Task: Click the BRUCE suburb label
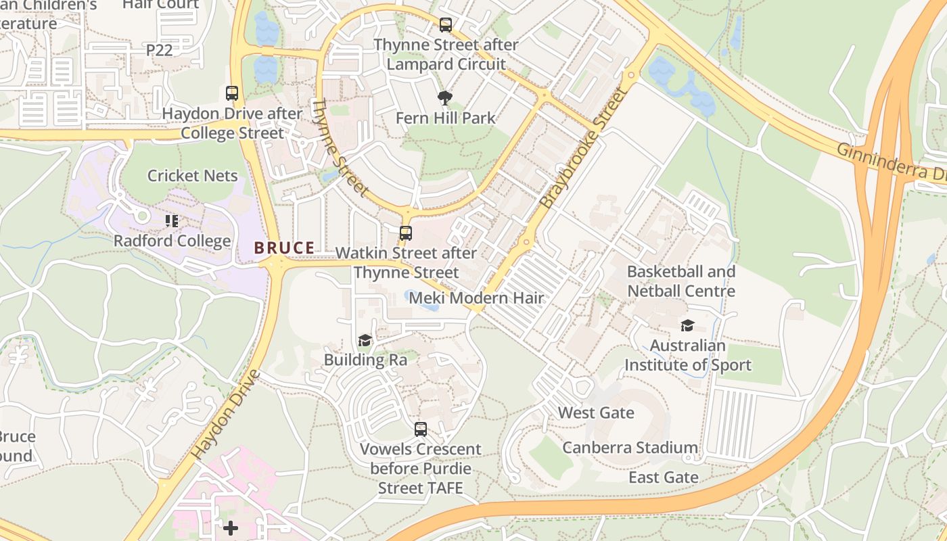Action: coord(284,248)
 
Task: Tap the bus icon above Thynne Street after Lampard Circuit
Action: coord(445,25)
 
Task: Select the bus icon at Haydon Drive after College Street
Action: coord(232,93)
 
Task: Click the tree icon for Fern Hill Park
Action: coord(445,99)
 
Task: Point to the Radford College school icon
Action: coord(172,220)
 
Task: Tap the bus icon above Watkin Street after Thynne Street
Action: coord(405,233)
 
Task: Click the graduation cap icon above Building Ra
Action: coord(365,340)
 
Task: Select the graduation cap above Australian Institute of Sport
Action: coord(687,326)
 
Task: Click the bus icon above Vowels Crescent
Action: coord(420,429)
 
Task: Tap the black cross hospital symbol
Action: coord(231,527)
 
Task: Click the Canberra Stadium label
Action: coord(630,448)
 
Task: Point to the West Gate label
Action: coord(596,413)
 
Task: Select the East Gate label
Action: coord(663,477)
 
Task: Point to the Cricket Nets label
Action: coord(193,176)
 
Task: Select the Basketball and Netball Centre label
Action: coord(680,281)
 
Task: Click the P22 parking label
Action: coord(160,49)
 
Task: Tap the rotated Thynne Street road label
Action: coord(340,148)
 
